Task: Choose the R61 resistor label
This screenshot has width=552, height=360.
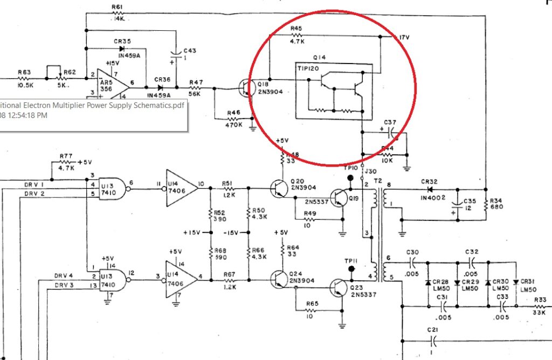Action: tap(118, 7)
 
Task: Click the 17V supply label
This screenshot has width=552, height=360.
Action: tap(404, 37)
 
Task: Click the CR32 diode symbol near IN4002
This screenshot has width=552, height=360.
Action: tap(429, 190)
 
